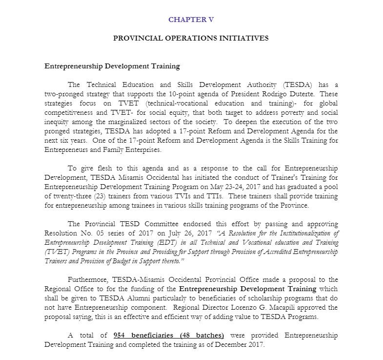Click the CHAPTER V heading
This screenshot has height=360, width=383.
point(191,20)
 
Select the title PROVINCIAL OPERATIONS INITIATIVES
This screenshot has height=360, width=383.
point(191,38)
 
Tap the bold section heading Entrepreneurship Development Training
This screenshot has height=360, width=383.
point(112,66)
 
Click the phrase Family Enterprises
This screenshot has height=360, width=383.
point(129,149)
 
